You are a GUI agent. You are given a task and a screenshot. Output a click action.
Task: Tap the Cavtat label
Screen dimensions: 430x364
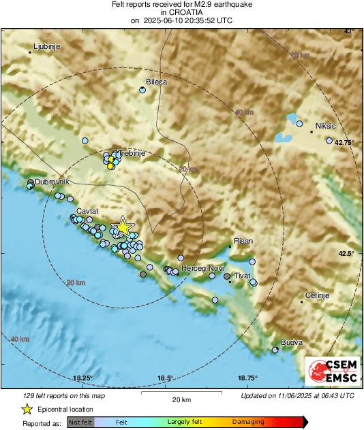coord(88,211)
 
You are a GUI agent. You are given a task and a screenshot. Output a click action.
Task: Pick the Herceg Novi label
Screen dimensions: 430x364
coord(207,269)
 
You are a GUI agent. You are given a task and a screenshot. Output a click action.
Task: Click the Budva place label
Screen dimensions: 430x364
coord(292,343)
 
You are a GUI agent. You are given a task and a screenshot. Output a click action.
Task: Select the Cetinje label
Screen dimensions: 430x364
coord(316,295)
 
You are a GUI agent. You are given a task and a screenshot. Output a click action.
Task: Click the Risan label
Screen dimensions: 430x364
coord(243,242)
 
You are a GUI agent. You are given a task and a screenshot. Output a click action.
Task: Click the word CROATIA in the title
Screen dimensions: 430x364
coord(182,13)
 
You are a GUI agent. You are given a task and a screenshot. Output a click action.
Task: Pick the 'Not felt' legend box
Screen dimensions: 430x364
coord(79,422)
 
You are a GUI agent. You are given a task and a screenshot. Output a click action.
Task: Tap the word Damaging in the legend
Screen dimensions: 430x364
coord(248,422)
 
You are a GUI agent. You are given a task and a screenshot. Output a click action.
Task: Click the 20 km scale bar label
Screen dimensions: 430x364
coord(181,399)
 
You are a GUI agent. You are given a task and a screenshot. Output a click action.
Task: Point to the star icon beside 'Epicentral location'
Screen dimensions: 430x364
coord(27,409)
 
